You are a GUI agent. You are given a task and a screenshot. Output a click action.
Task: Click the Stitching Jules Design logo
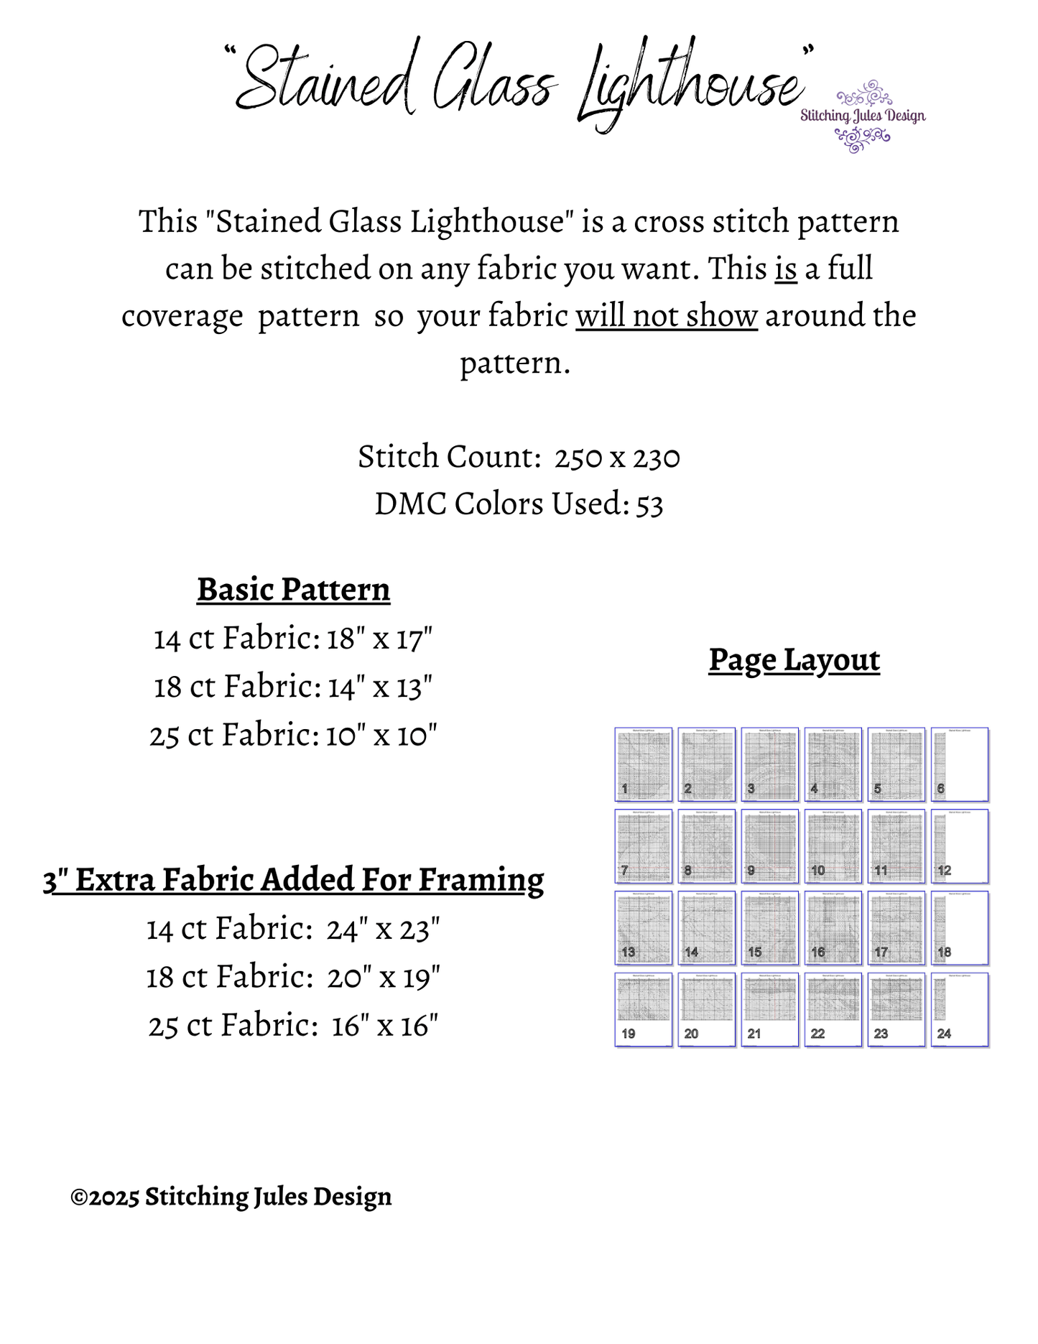[x=863, y=116]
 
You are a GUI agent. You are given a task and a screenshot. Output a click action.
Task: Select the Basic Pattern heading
[x=293, y=590]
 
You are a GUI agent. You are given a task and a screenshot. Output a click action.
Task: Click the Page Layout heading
[x=794, y=660]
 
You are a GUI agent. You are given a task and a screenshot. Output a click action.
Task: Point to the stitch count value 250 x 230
[x=617, y=457]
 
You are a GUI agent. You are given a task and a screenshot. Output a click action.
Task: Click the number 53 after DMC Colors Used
[x=649, y=504]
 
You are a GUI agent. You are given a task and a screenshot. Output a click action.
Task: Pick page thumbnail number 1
[x=644, y=764]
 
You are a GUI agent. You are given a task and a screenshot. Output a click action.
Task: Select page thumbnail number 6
[x=960, y=764]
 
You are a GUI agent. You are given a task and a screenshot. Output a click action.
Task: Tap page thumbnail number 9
[x=770, y=845]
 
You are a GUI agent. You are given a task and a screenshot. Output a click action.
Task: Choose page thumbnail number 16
[x=833, y=927]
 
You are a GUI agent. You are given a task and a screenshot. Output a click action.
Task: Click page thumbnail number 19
[x=644, y=1009]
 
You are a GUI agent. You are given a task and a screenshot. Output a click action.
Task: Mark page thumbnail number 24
[x=960, y=1009]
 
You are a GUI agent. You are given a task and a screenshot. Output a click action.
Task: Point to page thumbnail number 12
[x=960, y=845]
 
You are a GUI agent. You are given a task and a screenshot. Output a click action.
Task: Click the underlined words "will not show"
[x=666, y=316]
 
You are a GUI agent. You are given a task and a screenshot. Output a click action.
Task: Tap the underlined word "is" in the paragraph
[x=786, y=269]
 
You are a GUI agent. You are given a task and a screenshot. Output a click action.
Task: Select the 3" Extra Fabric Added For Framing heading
[x=293, y=880]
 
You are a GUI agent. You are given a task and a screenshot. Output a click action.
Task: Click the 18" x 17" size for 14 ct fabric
[x=379, y=639]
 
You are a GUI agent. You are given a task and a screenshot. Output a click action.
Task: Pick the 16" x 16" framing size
[x=384, y=1026]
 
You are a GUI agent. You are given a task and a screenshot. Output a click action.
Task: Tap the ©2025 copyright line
[x=231, y=1197]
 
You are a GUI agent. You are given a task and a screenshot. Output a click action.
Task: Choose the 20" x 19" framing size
[x=384, y=978]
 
